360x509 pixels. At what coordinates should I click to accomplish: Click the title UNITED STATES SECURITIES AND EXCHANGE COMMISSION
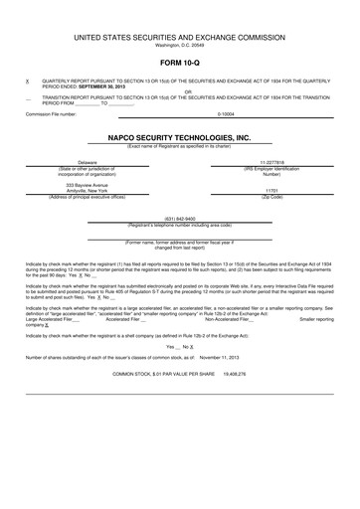point(180,36)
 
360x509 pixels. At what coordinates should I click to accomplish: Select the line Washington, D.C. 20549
point(180,45)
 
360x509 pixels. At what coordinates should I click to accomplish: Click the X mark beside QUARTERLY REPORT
point(27,80)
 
